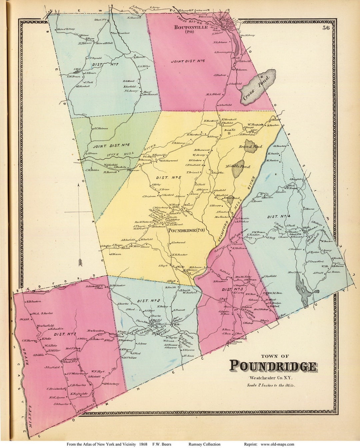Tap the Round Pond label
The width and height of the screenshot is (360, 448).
pyautogui.click(x=250, y=147)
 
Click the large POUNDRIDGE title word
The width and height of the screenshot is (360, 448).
pyautogui.click(x=272, y=366)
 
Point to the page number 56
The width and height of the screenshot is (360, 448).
pyautogui.click(x=326, y=28)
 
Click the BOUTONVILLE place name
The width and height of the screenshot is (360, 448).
pyautogui.click(x=191, y=27)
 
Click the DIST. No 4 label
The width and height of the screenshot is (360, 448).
pyautogui.click(x=277, y=216)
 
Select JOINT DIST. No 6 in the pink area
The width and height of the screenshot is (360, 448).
pyautogui.click(x=188, y=61)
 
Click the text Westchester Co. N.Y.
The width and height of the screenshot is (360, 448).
pyautogui.click(x=270, y=378)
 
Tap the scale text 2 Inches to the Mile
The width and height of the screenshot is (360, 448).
pyautogui.click(x=271, y=385)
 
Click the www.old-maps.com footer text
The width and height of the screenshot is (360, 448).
pyautogui.click(x=277, y=444)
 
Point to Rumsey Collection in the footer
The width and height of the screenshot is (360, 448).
pyautogui.click(x=204, y=444)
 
